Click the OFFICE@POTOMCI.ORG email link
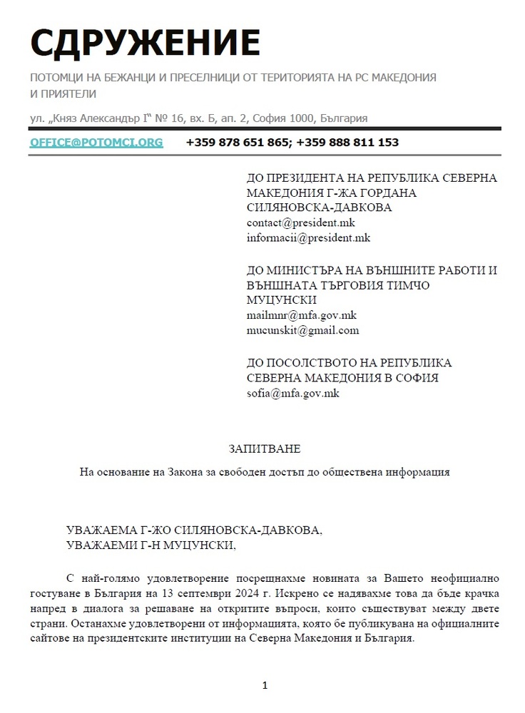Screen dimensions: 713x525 point(96,143)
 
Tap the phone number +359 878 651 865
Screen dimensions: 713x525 point(238,143)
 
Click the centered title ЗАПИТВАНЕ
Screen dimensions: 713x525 point(265,449)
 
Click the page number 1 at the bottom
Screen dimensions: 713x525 point(265,686)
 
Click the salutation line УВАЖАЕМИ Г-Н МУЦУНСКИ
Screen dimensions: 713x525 point(150,546)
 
